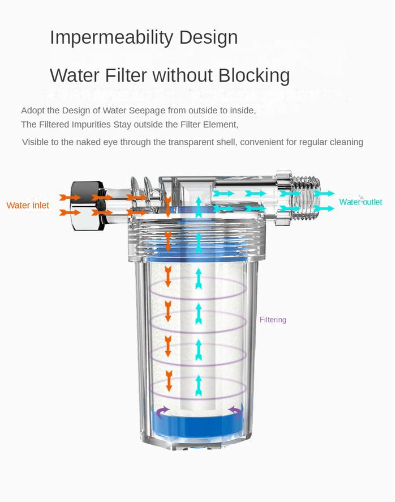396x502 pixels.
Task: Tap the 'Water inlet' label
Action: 28,205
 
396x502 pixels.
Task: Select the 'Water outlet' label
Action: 360,202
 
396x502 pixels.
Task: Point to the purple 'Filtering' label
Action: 273,320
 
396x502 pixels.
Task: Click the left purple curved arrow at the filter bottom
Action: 163,412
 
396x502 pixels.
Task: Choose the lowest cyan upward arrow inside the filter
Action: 198,385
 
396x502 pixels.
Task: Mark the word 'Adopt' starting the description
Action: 33,110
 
